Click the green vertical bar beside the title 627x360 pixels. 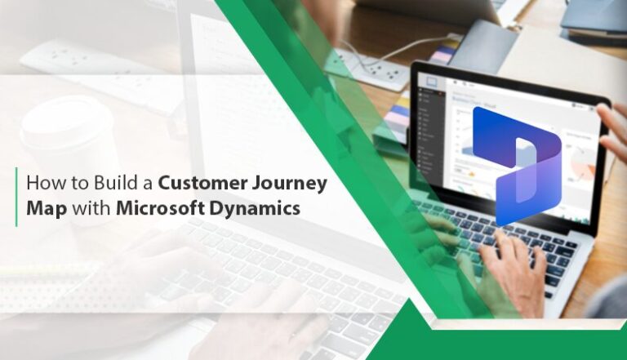(16, 196)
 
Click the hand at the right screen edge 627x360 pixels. (612, 131)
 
